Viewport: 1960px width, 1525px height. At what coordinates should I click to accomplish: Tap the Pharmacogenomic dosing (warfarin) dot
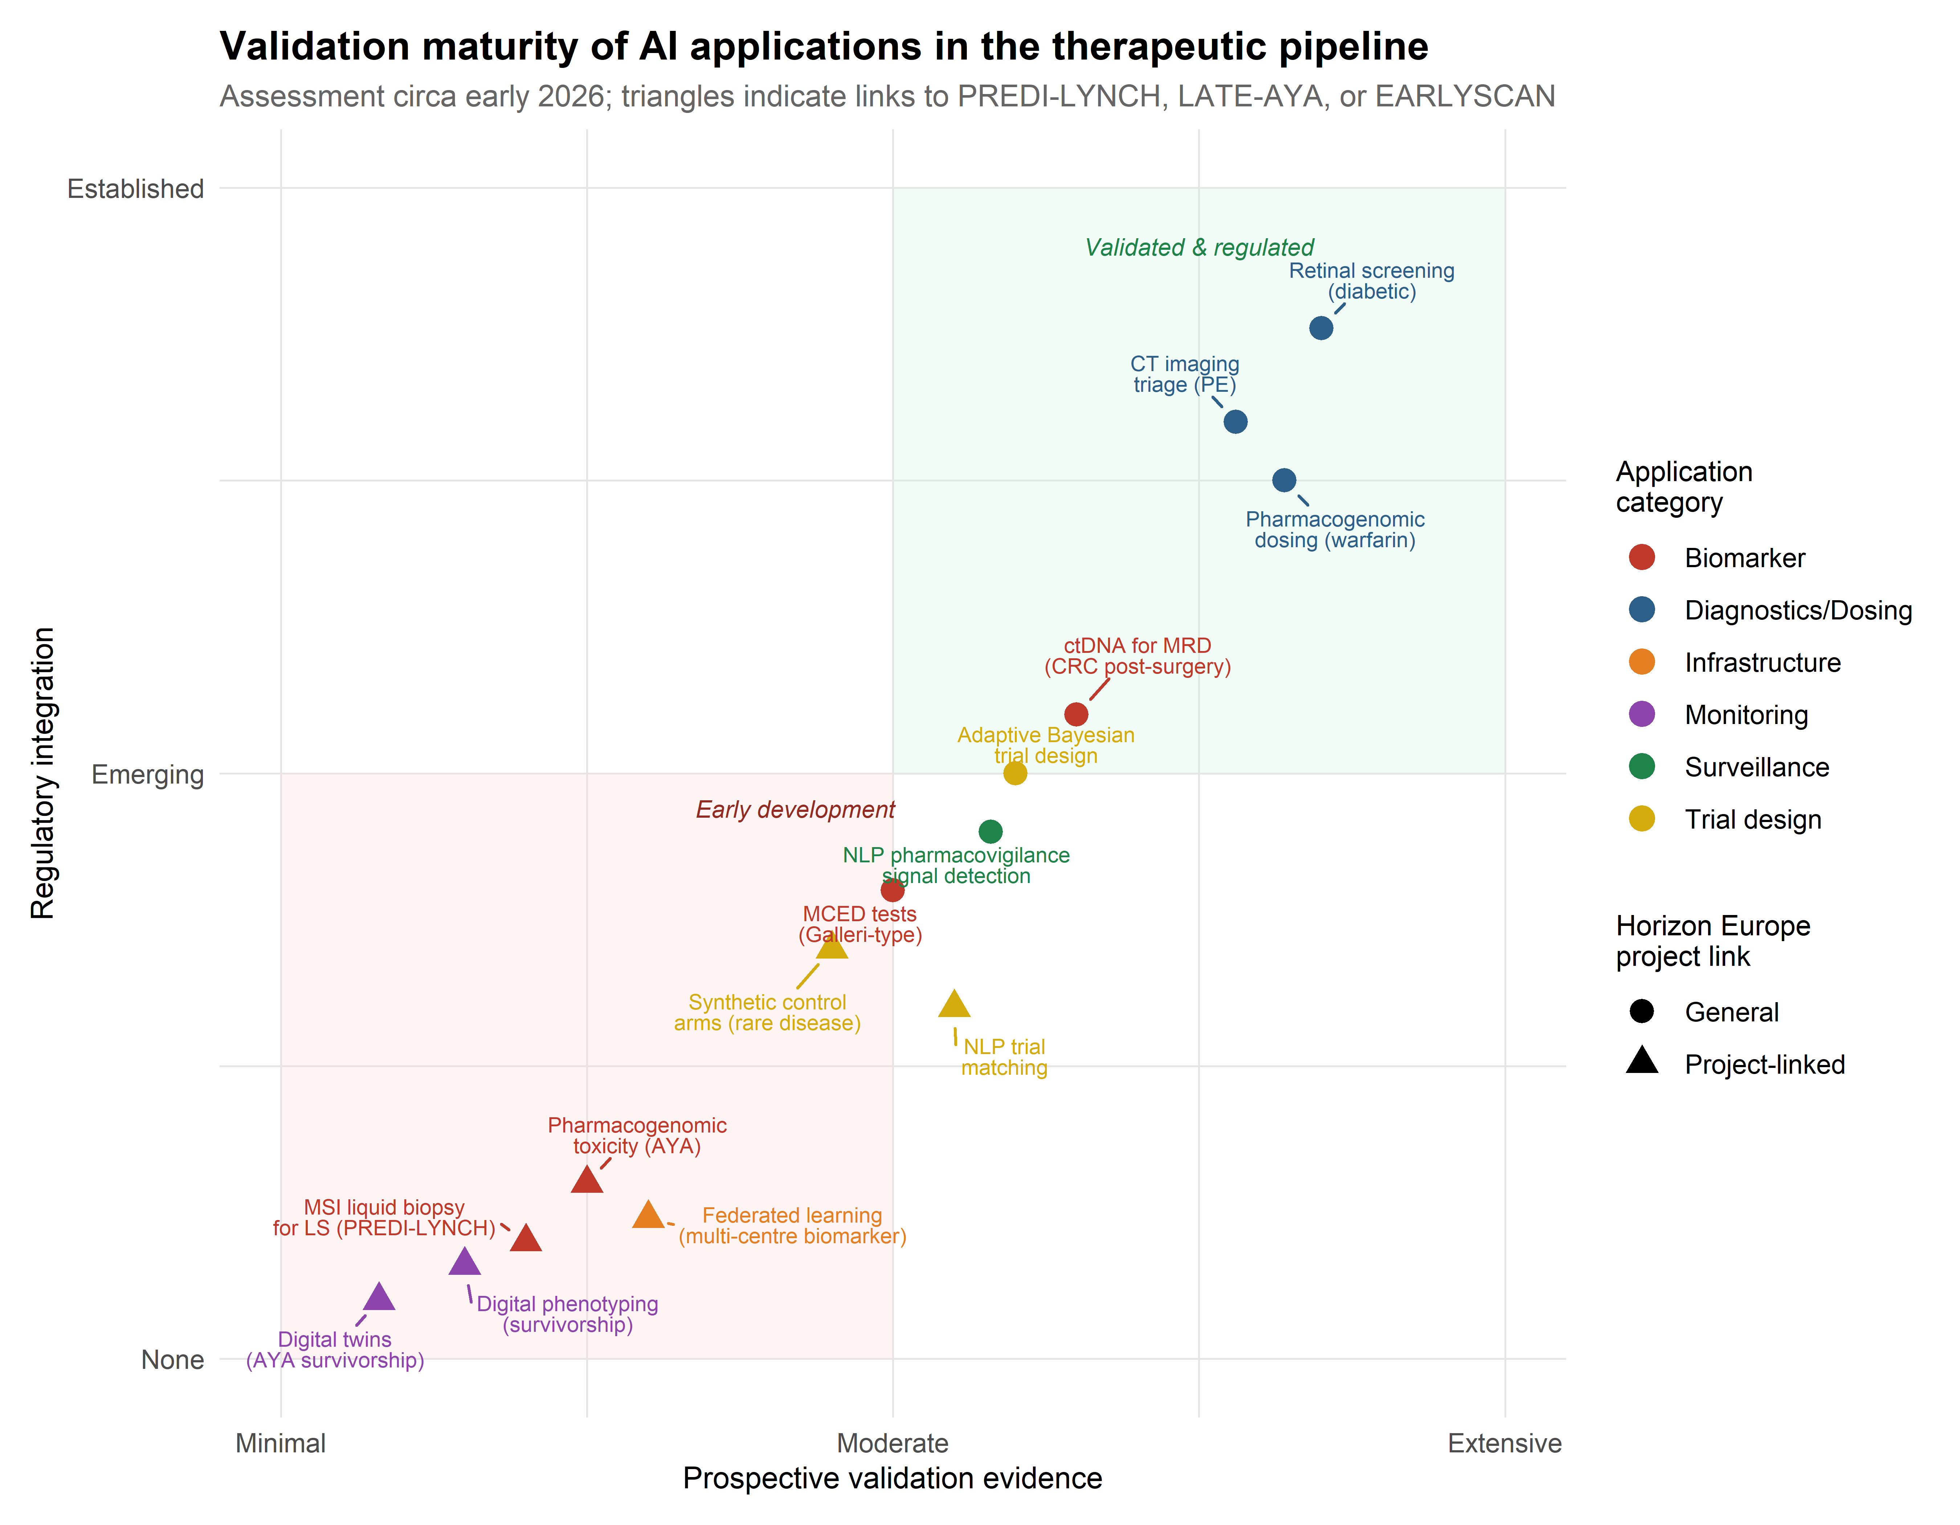coord(1283,480)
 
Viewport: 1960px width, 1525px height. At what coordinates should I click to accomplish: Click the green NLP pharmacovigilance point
coord(990,831)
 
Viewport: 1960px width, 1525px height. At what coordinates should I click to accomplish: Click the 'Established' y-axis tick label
coord(135,190)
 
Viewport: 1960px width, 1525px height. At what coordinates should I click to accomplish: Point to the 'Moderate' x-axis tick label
coord(892,1443)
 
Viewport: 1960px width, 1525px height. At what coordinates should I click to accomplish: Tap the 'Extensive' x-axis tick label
coord(1504,1443)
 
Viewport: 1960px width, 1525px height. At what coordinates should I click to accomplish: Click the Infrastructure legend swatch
coord(1641,662)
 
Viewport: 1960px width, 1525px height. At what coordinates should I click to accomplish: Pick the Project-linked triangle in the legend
coord(1641,1062)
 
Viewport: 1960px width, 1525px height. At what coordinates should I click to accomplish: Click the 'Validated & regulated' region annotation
coord(1199,248)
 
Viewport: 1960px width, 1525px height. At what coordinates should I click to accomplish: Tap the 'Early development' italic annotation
coord(795,810)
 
